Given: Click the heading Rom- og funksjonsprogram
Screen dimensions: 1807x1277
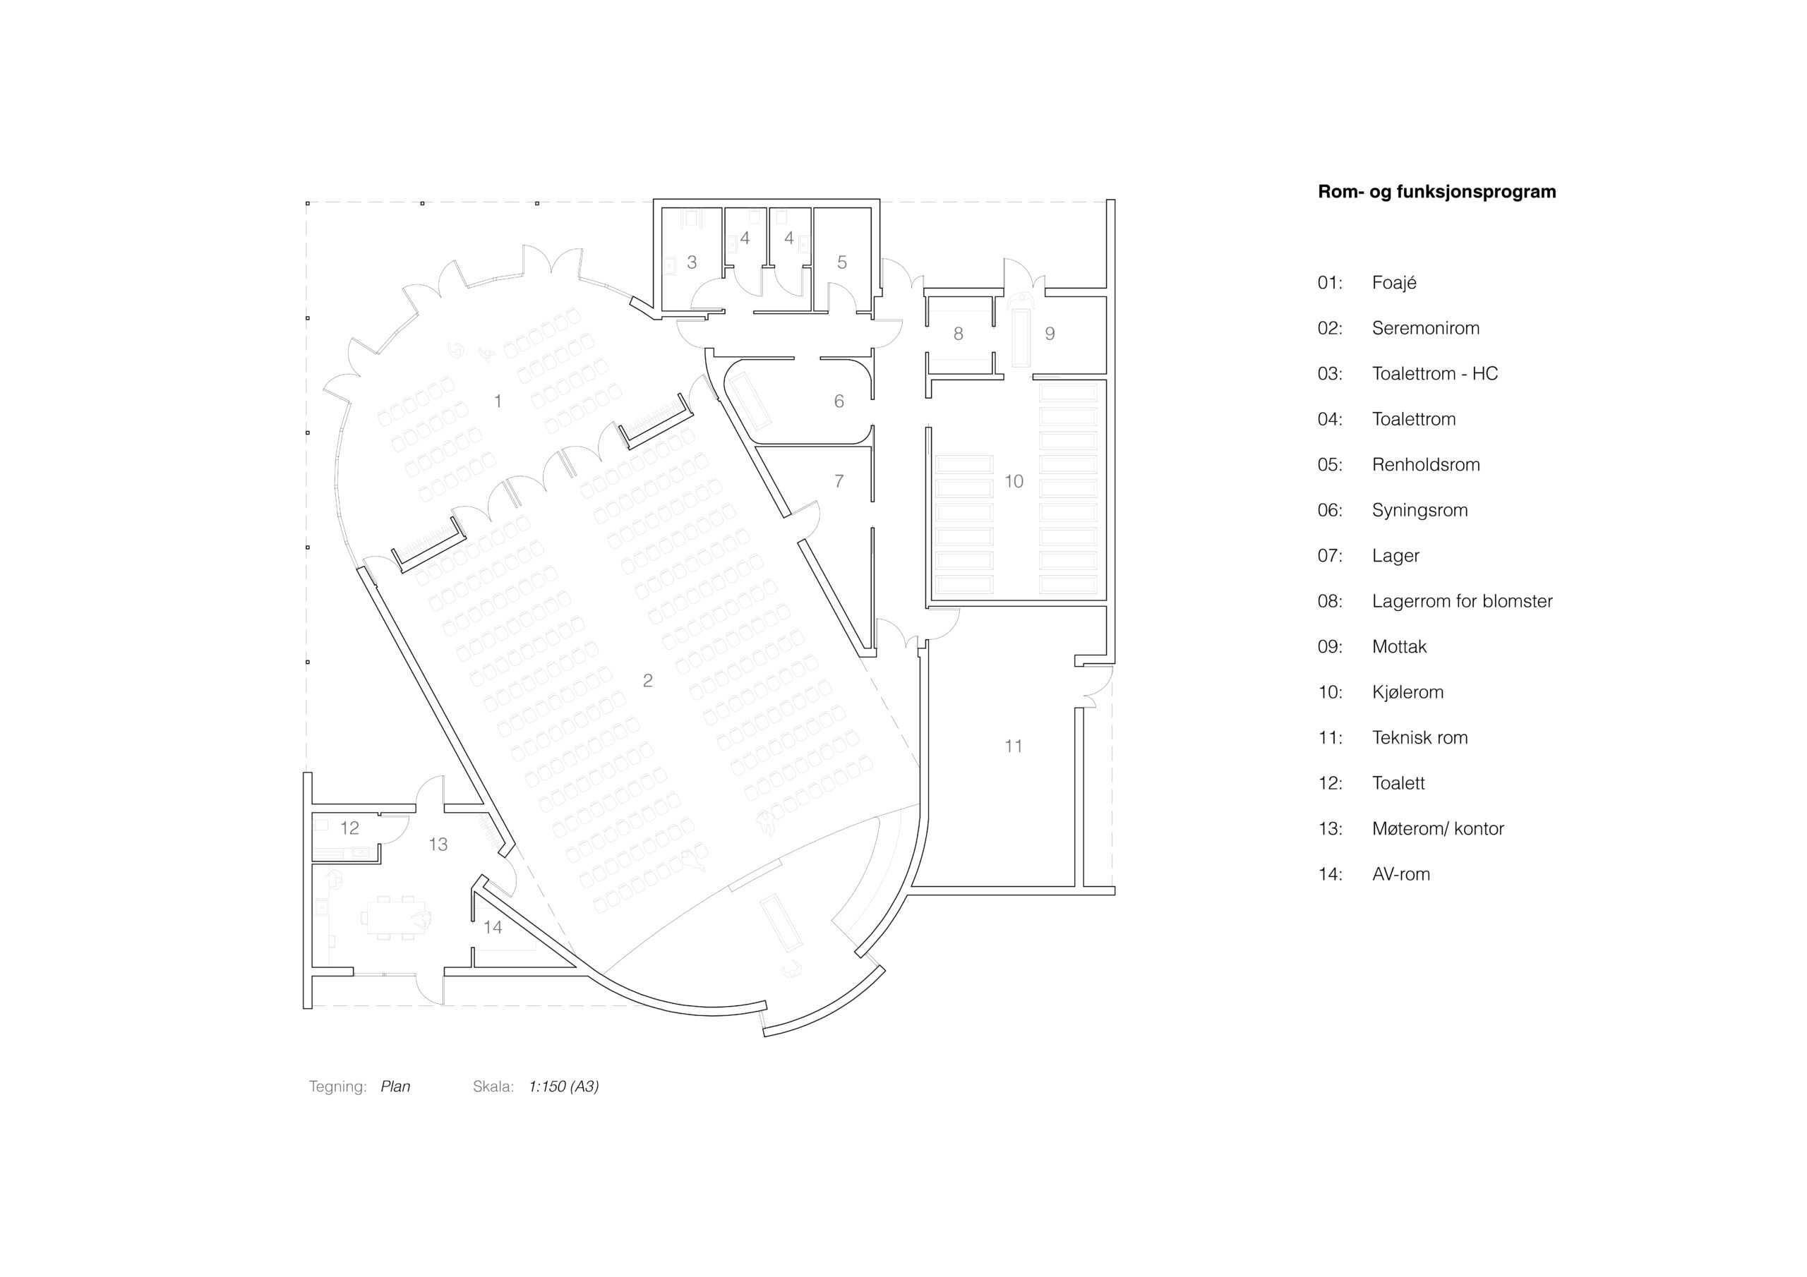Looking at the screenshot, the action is (1436, 192).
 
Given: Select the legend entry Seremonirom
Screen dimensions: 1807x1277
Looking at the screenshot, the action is (1425, 328).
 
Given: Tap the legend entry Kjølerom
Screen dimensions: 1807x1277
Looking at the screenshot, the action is (1407, 692).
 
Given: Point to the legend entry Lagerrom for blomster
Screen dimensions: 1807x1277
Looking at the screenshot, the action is (1463, 601).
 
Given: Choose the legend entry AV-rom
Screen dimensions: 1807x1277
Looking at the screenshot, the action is (1401, 874).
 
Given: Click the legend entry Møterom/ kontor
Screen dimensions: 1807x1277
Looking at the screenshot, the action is (1438, 828).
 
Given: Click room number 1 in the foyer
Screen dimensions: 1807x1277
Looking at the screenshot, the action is (498, 401).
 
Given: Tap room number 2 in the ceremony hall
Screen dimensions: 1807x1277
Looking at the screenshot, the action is (648, 681).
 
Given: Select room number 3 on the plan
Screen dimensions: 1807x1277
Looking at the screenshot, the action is (692, 262).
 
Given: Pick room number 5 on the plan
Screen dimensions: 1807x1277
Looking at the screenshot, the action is (842, 262).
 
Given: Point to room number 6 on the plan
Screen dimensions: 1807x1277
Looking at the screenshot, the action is (839, 401).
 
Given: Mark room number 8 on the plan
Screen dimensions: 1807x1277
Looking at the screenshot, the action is (958, 334).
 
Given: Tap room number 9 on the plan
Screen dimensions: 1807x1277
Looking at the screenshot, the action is (1050, 334).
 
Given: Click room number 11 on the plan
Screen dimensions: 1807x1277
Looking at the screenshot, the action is (1014, 746).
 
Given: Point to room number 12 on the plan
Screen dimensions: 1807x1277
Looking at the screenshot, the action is (349, 828).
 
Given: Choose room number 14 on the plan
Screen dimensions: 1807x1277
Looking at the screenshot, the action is (493, 927).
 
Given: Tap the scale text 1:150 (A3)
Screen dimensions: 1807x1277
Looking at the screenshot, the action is (563, 1087).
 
